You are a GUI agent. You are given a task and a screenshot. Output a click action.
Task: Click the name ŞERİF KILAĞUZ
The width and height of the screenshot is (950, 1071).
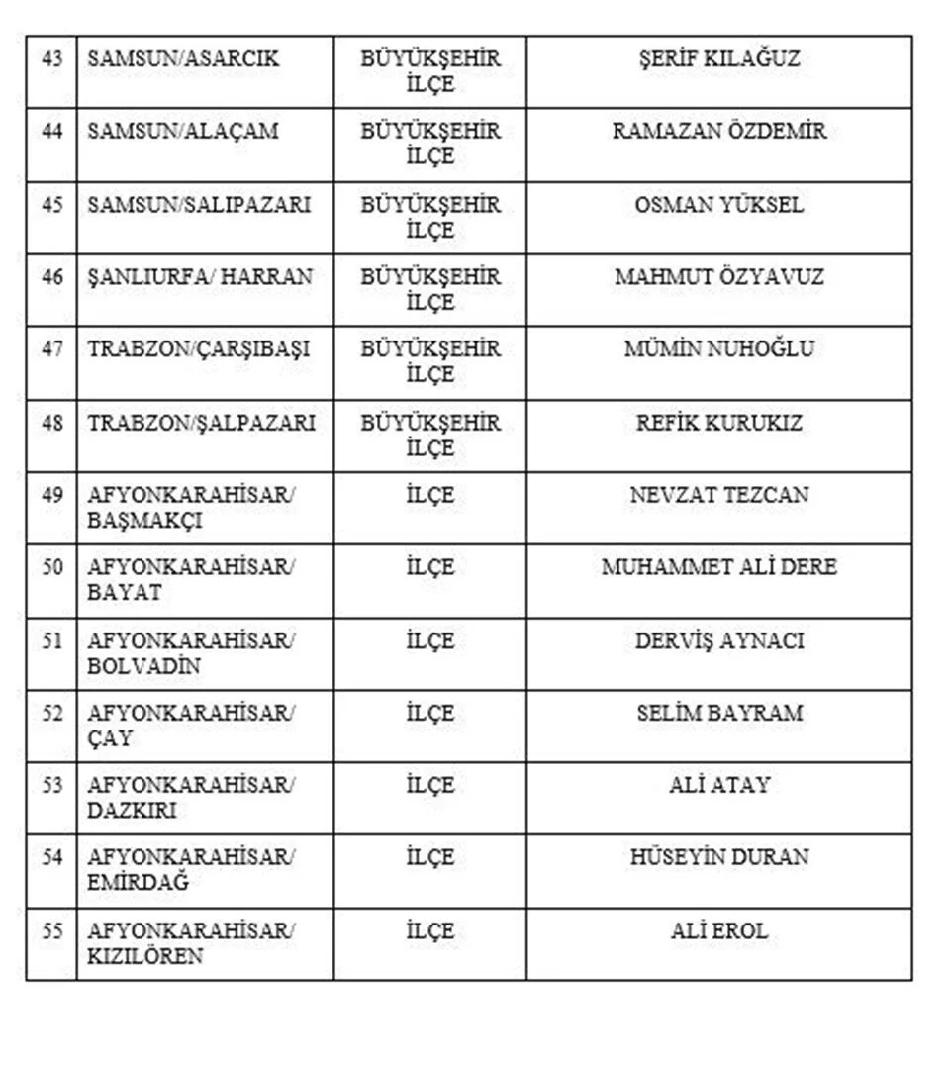(x=718, y=59)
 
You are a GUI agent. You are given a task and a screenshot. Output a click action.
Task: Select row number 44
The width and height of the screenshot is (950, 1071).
(x=51, y=132)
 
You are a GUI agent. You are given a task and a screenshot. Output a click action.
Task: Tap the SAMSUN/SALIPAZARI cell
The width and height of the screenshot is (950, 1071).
(x=199, y=205)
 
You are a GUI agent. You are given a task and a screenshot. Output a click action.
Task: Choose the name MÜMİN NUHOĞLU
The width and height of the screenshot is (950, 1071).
(x=718, y=349)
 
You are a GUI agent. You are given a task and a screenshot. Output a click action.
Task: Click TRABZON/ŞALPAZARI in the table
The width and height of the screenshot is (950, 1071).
(x=202, y=423)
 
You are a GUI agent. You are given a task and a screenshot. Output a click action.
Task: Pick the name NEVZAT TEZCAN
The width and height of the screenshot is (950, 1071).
(x=718, y=495)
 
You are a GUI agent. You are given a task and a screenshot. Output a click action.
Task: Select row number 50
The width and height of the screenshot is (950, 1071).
(x=51, y=568)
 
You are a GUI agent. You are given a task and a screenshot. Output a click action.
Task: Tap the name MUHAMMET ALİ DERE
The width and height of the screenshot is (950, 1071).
(x=718, y=568)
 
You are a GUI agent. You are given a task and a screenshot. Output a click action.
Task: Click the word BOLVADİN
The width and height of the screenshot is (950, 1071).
(x=144, y=666)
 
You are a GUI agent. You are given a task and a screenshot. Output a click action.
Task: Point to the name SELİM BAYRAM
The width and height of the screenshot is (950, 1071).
(x=718, y=713)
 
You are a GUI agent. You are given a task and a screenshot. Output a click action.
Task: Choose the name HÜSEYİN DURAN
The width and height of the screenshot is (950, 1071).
(x=718, y=857)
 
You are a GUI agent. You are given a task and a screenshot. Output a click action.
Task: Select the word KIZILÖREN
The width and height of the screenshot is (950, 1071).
(x=145, y=956)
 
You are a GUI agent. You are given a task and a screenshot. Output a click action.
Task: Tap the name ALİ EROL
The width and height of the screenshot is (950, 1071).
(x=718, y=931)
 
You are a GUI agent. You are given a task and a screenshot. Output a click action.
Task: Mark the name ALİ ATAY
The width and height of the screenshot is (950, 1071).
(x=718, y=786)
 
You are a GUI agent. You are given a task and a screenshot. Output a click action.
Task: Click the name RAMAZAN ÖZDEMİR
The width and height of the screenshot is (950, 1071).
(x=718, y=132)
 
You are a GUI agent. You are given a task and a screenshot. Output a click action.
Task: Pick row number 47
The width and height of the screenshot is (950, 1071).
(x=51, y=349)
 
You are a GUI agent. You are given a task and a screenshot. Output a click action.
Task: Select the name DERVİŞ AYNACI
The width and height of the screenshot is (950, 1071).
(x=718, y=641)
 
